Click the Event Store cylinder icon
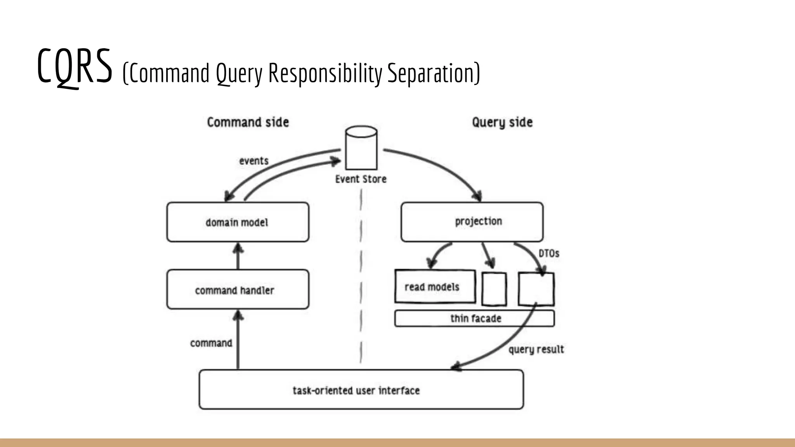(361, 148)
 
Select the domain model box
(238, 222)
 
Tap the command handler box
(238, 289)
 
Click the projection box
(472, 222)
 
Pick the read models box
(435, 286)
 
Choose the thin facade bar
(474, 318)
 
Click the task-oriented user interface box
(361, 390)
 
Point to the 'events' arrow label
(253, 161)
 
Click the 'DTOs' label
(549, 253)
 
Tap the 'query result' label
(536, 349)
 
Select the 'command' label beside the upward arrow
(211, 343)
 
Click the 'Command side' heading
(248, 122)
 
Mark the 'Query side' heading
(502, 122)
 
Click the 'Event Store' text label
(361, 179)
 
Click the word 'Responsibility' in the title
(325, 73)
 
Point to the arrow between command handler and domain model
(238, 256)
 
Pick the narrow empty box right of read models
(494, 289)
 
